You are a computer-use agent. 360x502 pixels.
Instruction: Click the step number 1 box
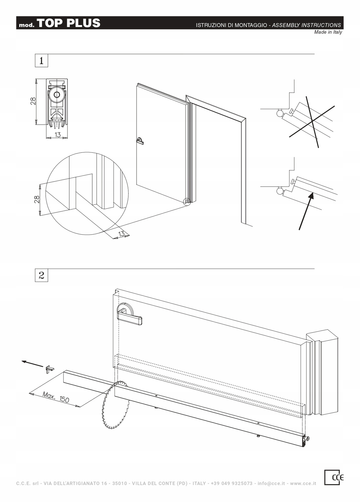pos(41,61)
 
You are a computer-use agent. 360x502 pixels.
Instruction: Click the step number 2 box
pos(41,275)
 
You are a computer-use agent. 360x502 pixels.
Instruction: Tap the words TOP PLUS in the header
pos(69,23)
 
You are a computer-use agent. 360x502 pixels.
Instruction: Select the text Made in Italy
pos(328,32)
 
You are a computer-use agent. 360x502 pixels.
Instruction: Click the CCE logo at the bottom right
pos(334,477)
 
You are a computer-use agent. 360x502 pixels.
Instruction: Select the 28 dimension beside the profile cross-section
pos(33,101)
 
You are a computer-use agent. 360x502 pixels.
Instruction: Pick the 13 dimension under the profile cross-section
pos(57,135)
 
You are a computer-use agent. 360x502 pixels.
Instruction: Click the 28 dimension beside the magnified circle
pos(37,200)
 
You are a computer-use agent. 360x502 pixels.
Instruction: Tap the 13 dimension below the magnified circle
pos(121,234)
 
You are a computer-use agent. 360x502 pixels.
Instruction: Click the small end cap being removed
pos(50,368)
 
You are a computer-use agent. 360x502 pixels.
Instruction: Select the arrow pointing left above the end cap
pos(32,364)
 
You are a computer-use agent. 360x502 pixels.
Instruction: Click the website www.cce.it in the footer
pos(303,483)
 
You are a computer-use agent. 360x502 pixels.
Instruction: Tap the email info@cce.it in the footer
pos(271,483)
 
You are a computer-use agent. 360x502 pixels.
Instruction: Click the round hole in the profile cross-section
pos(57,95)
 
